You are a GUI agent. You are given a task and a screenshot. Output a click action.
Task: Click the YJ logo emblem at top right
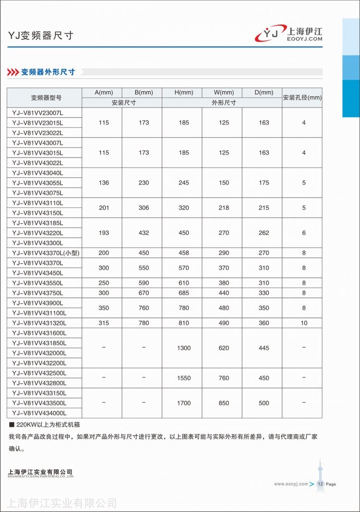(x=271, y=34)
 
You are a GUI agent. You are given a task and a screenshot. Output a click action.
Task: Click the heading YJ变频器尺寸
(x=41, y=36)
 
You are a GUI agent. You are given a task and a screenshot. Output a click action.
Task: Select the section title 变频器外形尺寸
(x=48, y=72)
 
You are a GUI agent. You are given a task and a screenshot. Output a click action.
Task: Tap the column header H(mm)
(x=184, y=93)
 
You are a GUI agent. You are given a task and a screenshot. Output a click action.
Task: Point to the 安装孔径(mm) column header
(x=302, y=98)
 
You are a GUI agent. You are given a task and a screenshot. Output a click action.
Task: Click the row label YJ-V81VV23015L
(x=37, y=123)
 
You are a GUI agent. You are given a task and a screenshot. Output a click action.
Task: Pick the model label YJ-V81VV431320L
(x=39, y=323)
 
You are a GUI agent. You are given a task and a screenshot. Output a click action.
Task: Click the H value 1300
(x=184, y=348)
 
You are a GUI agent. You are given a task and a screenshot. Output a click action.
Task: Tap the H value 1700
(x=184, y=403)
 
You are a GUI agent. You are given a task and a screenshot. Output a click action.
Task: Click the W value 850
(x=224, y=403)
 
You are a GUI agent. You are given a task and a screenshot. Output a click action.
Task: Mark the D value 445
(x=264, y=348)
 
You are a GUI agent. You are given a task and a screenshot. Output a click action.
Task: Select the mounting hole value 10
(x=304, y=323)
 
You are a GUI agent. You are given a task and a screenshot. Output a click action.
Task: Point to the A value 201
(x=104, y=208)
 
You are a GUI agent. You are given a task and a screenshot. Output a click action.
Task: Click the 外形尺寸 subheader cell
(x=224, y=103)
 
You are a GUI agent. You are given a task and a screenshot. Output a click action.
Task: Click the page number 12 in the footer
(x=320, y=484)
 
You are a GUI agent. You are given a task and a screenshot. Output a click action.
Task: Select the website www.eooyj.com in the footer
(x=291, y=484)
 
